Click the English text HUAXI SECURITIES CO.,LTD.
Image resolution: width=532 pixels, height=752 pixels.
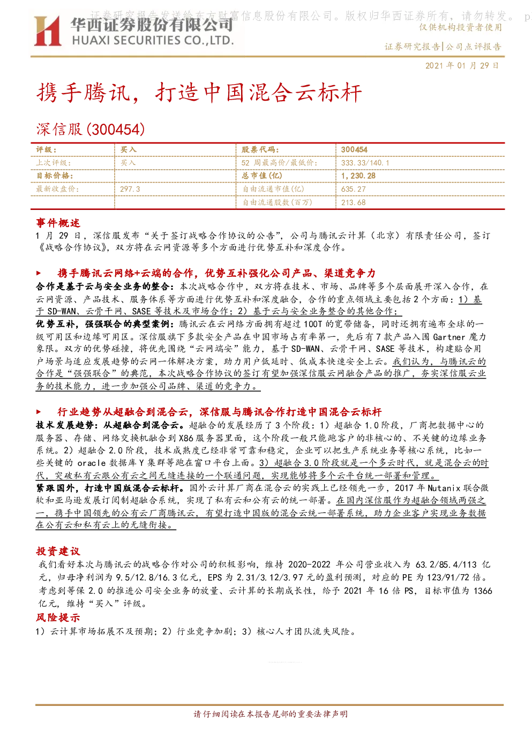(153, 40)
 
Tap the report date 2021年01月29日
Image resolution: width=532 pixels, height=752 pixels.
(462, 65)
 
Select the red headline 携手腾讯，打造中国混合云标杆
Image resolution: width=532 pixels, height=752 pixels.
(199, 93)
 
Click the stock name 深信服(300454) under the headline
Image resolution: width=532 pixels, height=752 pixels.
(91, 129)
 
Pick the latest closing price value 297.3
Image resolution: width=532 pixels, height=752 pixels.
(130, 189)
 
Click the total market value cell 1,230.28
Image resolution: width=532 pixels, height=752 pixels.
(358, 176)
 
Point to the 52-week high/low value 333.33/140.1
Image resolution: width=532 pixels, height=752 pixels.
(365, 163)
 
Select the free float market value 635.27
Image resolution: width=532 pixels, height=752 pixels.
(353, 189)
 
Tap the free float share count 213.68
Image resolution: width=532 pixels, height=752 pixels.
(353, 202)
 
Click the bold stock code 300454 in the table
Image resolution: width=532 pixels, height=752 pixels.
(354, 150)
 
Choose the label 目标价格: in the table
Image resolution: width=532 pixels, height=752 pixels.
(55, 176)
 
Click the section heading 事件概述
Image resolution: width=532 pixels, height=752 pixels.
(58, 223)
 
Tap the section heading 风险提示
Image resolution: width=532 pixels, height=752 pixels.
(58, 618)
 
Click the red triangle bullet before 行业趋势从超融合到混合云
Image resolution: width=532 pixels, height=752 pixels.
(39, 411)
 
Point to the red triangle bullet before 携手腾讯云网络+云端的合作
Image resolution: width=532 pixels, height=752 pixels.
(39, 273)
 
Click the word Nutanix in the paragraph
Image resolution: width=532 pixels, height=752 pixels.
(444, 487)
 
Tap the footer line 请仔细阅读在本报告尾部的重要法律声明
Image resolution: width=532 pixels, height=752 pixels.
(271, 714)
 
